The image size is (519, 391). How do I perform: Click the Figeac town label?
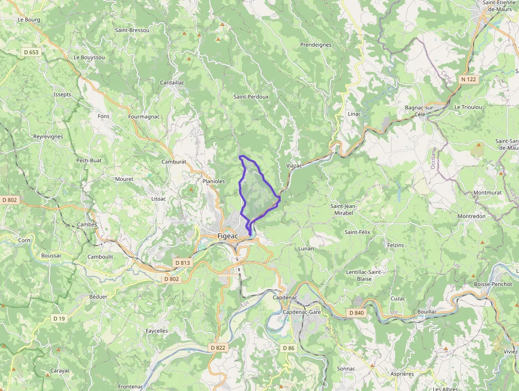click(229, 236)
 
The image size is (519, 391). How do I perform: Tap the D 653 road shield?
click(31, 52)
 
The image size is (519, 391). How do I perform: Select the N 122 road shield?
click(468, 79)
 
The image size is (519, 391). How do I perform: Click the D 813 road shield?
click(182, 263)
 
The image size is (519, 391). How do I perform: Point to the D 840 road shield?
click(357, 313)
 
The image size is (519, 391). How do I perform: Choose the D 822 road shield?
click(217, 347)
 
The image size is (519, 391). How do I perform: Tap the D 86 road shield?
click(288, 348)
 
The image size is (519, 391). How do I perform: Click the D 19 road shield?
click(59, 318)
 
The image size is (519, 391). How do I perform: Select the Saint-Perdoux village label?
click(251, 97)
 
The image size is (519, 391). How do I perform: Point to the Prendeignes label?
click(316, 45)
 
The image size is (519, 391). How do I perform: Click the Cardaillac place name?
click(173, 83)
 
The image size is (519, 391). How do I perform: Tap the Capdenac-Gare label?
click(302, 312)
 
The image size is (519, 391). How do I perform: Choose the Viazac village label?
click(294, 166)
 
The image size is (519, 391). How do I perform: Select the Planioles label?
click(214, 181)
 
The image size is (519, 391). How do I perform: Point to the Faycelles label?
click(157, 331)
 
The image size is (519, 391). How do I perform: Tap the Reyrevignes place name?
click(48, 136)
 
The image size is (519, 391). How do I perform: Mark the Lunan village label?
click(306, 248)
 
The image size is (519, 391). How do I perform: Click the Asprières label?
click(402, 374)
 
